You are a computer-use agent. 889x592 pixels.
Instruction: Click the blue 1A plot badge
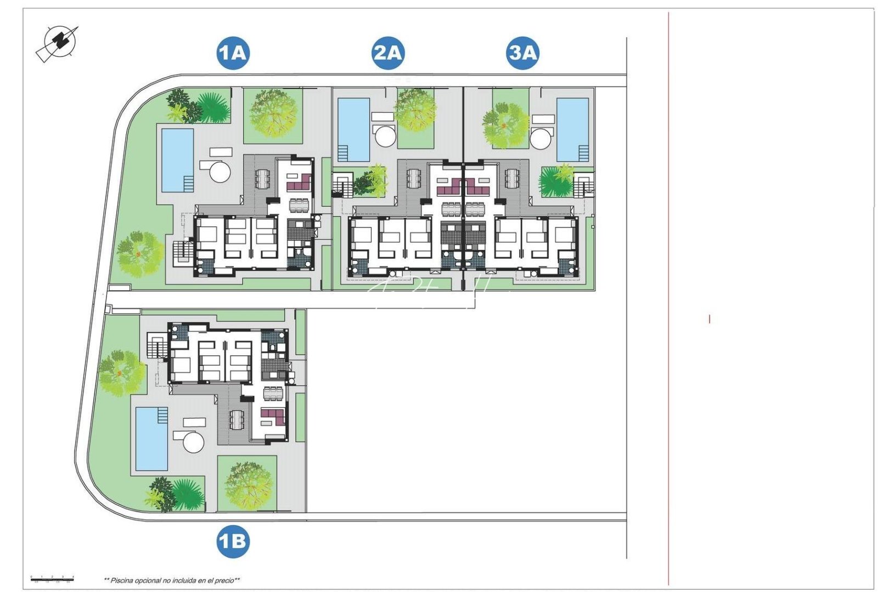[x=233, y=53]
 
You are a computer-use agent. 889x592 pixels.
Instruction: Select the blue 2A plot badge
[x=388, y=53]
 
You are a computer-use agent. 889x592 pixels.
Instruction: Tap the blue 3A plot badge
[x=522, y=53]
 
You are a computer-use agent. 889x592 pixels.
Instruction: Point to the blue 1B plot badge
[x=233, y=542]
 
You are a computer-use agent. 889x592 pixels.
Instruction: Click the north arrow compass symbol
[x=58, y=42]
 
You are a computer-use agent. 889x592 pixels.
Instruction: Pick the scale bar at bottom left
[x=52, y=578]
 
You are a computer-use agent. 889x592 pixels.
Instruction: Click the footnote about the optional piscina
[x=172, y=580]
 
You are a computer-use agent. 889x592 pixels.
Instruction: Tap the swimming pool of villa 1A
[x=177, y=160]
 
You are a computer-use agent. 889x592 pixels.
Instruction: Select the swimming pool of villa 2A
[x=353, y=129]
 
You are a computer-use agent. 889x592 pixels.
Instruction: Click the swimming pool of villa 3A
[x=572, y=129]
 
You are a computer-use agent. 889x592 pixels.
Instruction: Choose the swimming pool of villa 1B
[x=151, y=439]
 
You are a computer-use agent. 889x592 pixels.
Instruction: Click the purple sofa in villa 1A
[x=300, y=182]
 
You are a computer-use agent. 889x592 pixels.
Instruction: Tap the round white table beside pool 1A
[x=220, y=172]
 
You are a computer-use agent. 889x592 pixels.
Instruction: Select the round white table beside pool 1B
[x=193, y=442]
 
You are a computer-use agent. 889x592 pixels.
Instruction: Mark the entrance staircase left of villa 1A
[x=183, y=252]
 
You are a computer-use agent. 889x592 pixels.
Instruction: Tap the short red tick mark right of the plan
[x=710, y=318]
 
